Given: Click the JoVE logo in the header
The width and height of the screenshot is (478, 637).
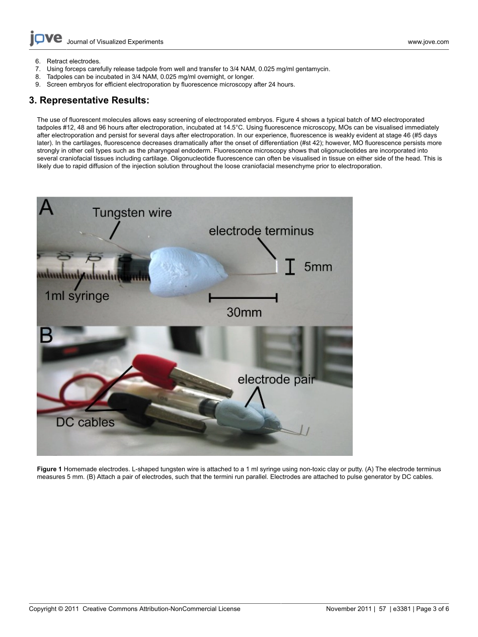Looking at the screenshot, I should (46, 38).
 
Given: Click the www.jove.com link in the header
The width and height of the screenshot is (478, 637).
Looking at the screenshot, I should (428, 42).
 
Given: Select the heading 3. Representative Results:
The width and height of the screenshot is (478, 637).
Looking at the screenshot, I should (89, 100).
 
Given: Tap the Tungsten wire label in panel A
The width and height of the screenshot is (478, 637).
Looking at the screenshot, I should (132, 213).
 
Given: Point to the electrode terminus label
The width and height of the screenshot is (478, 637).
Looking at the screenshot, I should (261, 231).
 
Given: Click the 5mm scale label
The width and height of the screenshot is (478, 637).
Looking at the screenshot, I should (318, 267).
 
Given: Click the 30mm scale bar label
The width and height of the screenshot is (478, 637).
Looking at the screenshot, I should (244, 312).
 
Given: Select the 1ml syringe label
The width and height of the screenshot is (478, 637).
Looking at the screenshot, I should (77, 296).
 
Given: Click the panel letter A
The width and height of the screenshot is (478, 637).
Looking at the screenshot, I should (46, 208).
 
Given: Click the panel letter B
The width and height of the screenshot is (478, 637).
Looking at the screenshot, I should (46, 336).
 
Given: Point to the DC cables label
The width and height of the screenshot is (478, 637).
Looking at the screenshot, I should (85, 422).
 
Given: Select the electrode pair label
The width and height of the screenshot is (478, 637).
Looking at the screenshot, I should (276, 379).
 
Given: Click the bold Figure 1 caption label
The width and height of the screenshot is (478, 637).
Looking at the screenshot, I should (49, 469).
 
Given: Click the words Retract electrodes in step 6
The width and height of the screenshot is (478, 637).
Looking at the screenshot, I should (73, 61).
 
